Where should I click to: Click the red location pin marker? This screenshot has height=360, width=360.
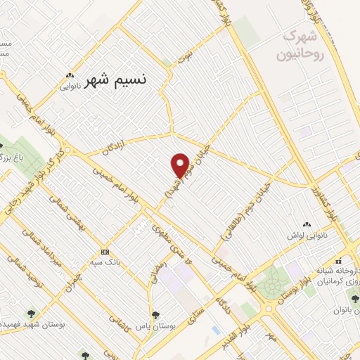point(180,165)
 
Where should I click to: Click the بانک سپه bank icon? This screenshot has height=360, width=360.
point(105,252)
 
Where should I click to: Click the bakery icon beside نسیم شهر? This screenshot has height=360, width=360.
point(70,76)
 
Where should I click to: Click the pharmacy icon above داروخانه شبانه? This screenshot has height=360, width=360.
point(338,259)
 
